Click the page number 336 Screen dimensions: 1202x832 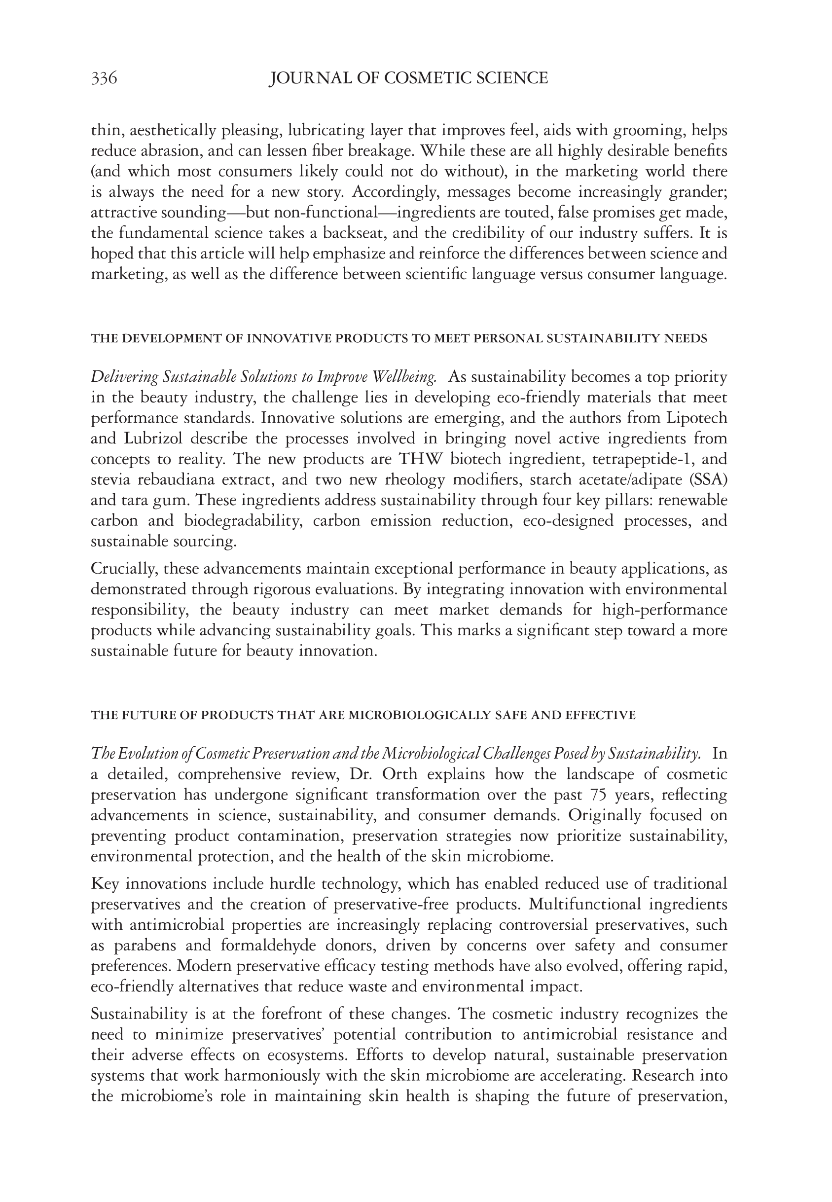[x=104, y=78]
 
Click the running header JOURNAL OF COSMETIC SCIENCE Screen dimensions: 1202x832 [x=408, y=78]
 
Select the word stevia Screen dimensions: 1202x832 [x=110, y=480]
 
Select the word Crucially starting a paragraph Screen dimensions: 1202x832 [x=124, y=569]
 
